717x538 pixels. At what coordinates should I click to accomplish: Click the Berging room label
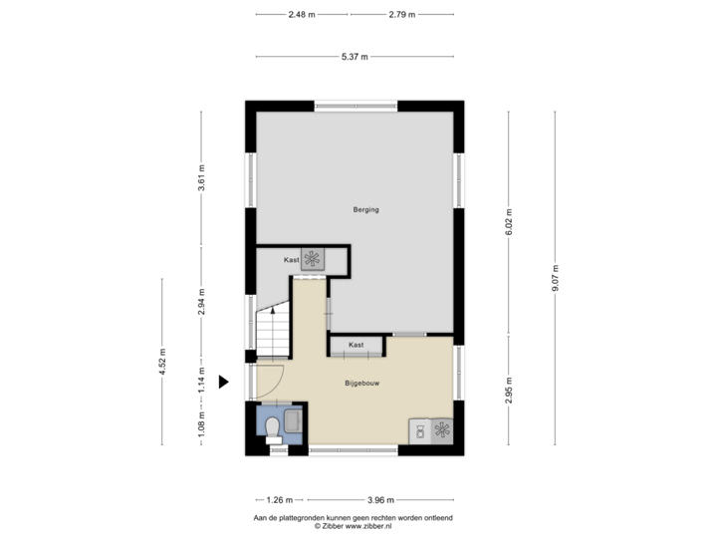click(x=365, y=210)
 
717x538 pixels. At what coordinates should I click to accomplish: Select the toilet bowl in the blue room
click(x=273, y=426)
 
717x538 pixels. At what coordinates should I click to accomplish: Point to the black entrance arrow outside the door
click(x=224, y=381)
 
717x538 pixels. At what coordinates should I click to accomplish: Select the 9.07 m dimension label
click(x=556, y=276)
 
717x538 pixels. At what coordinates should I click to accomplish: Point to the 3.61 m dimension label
click(x=202, y=177)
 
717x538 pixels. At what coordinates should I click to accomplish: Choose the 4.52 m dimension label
click(x=162, y=363)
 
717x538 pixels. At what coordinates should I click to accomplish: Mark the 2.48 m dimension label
click(x=302, y=15)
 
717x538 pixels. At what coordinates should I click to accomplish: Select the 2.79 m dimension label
click(x=402, y=15)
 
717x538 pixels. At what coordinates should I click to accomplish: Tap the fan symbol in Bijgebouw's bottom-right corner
click(x=441, y=430)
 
